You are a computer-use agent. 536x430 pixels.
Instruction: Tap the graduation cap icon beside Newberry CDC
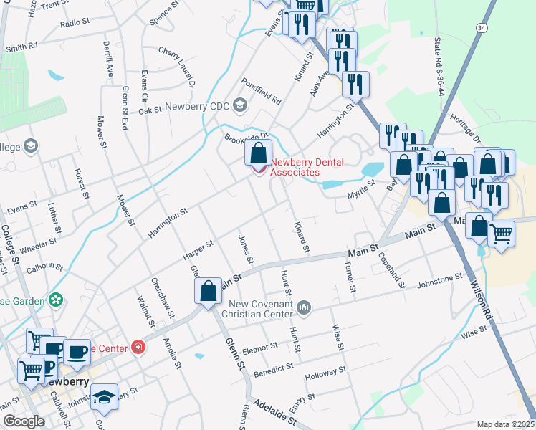click(x=239, y=107)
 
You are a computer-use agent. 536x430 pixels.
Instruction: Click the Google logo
click(x=23, y=421)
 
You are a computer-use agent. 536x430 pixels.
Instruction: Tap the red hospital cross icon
click(x=138, y=348)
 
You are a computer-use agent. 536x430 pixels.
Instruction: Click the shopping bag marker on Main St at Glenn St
click(x=208, y=291)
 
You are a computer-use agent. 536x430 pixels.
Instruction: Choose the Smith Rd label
click(x=21, y=48)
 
